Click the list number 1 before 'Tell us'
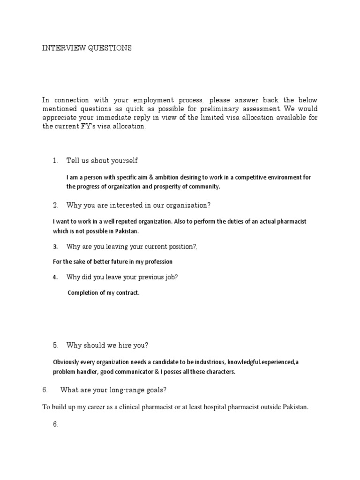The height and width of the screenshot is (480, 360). pyautogui.click(x=55, y=161)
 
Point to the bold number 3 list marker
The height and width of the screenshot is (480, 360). pyautogui.click(x=55, y=247)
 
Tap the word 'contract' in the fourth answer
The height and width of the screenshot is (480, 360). pyautogui.click(x=126, y=293)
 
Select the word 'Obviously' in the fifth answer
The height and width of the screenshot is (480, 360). pyautogui.click(x=67, y=362)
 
